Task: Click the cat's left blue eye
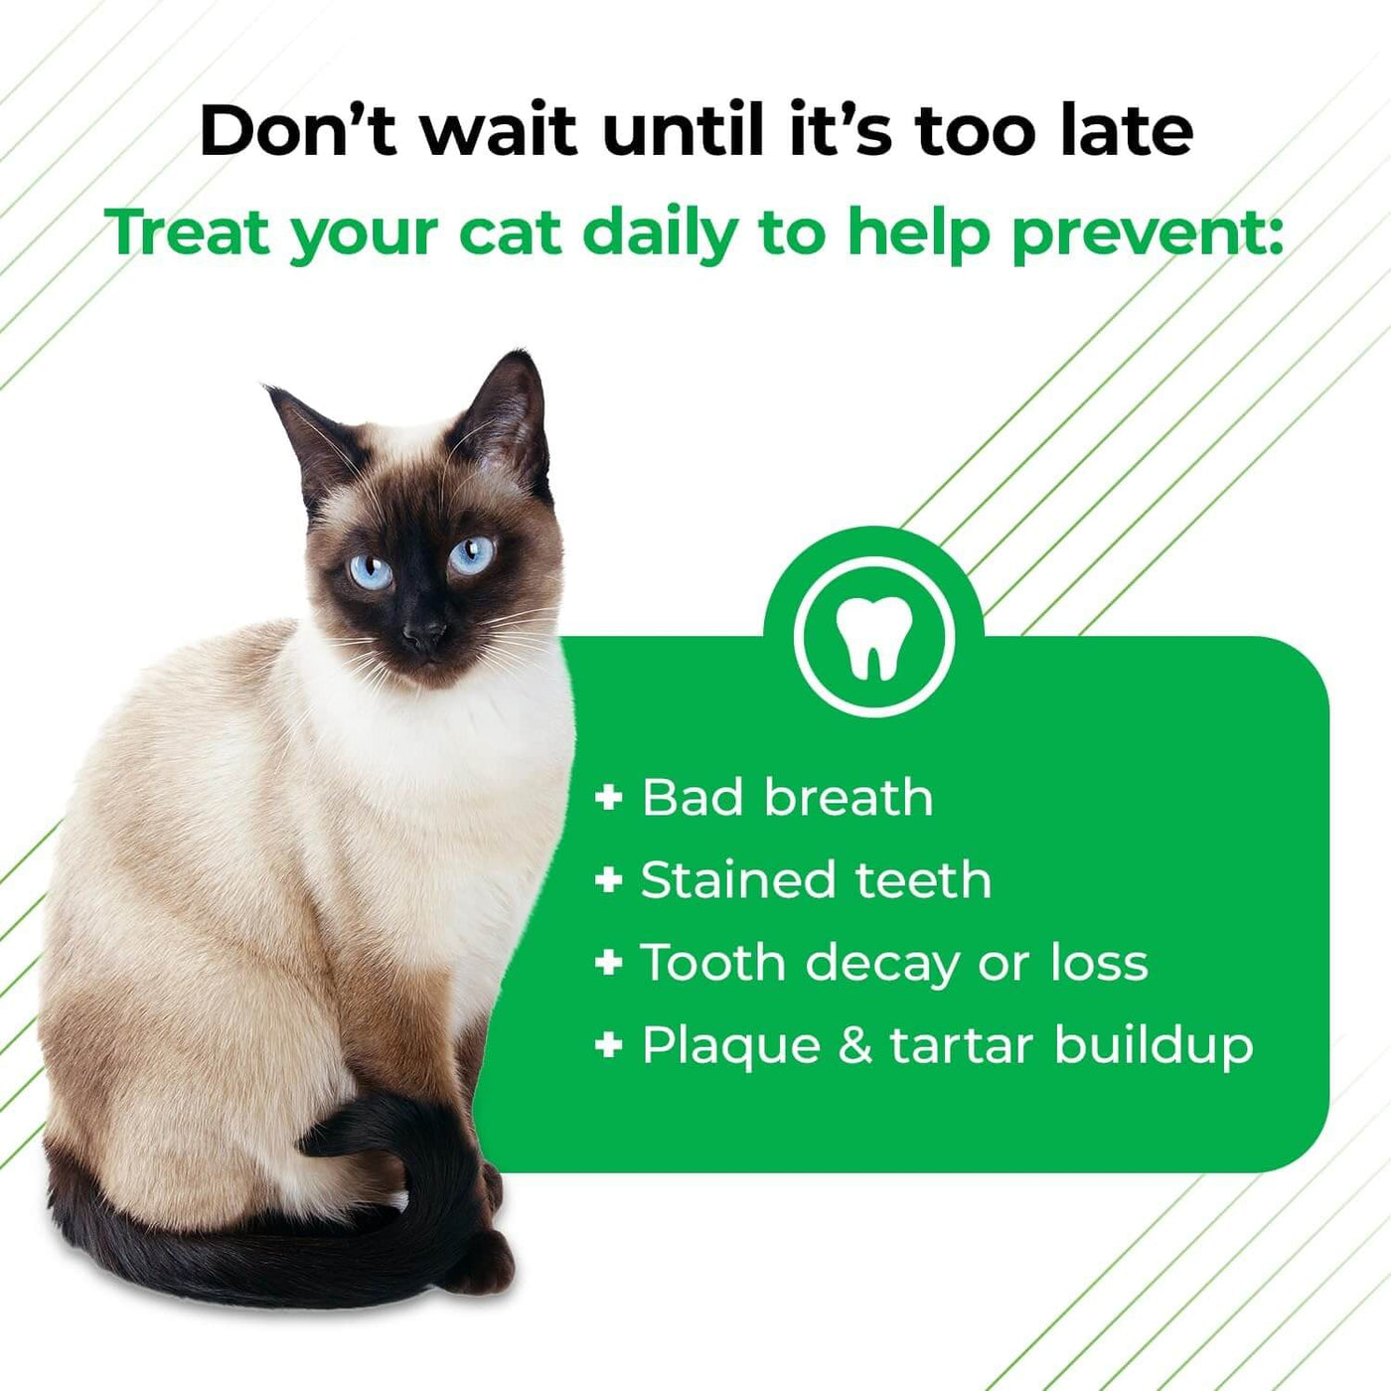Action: [371, 572]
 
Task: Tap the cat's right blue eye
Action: [472, 555]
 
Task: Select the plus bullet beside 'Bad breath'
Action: [608, 798]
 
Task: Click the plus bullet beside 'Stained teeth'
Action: [608, 880]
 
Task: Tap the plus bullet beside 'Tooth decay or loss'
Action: [608, 962]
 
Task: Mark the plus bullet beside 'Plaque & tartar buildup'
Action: [608, 1044]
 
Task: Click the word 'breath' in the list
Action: [849, 797]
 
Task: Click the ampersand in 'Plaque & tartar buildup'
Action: [855, 1044]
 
